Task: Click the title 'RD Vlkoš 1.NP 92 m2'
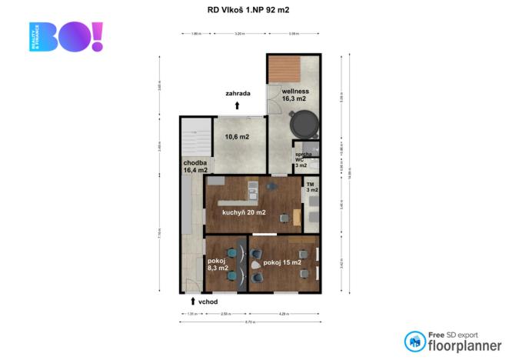(254, 10)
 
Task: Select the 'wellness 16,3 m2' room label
(294, 95)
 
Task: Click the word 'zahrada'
(238, 94)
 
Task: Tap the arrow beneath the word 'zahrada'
(238, 105)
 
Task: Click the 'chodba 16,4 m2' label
(195, 166)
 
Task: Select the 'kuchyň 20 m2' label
(244, 212)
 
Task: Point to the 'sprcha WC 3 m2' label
(301, 159)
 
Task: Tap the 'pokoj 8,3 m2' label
(218, 265)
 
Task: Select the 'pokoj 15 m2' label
(281, 262)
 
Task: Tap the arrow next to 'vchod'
(192, 302)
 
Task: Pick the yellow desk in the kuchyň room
(296, 218)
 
